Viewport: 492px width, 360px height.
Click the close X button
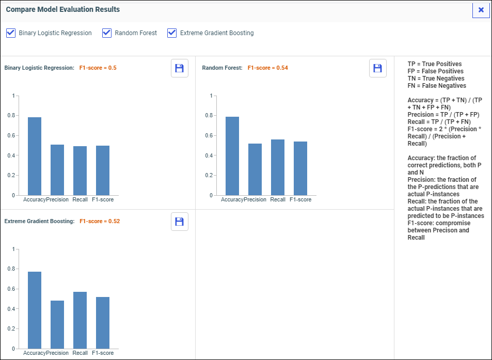click(x=481, y=10)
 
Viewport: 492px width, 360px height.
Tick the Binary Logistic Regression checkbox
click(x=11, y=33)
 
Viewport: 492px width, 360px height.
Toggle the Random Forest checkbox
click(x=107, y=33)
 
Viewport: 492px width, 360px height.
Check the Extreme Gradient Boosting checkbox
click(x=172, y=33)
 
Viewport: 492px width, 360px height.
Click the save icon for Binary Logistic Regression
click(x=180, y=68)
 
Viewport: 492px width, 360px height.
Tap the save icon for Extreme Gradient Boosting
click(x=180, y=222)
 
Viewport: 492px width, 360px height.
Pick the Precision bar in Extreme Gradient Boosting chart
click(x=57, y=324)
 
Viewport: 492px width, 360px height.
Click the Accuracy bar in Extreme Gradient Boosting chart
click(x=35, y=310)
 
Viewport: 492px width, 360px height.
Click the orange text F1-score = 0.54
click(x=268, y=68)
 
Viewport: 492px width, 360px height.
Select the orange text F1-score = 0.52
click(x=100, y=222)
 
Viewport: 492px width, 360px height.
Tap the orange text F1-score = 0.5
click(x=98, y=68)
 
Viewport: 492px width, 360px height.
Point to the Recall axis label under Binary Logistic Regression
click(x=80, y=199)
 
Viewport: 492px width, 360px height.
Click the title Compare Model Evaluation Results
click(x=63, y=9)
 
